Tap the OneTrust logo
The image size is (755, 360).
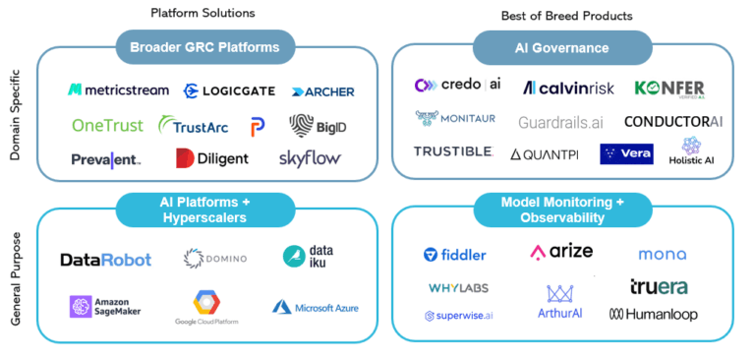tap(107, 125)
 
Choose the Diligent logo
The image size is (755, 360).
tap(212, 158)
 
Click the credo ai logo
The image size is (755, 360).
tap(458, 86)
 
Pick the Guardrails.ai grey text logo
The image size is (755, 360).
tap(559, 122)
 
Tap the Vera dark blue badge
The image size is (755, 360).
tap(625, 154)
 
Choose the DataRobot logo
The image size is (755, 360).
tap(106, 260)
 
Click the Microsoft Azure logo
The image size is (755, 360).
tap(316, 308)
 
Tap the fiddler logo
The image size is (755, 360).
tap(455, 255)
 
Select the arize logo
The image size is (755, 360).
tap(561, 252)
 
